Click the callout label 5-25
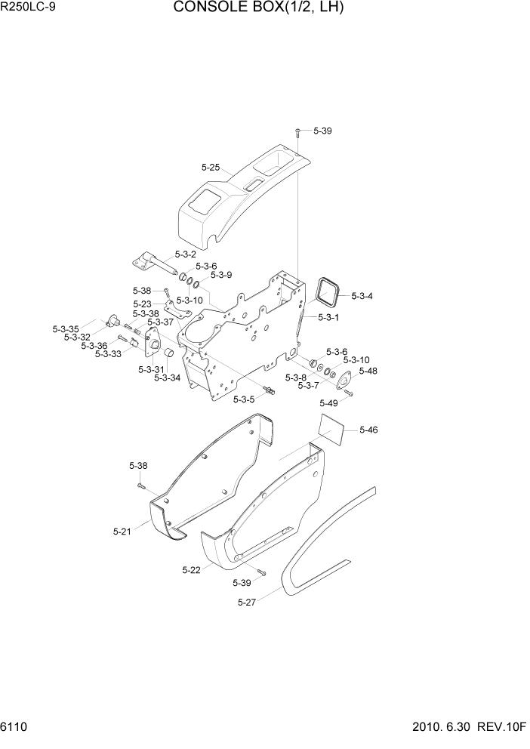coord(211,168)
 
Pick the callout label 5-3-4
coord(362,296)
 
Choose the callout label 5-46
coord(368,430)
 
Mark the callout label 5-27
coord(248,602)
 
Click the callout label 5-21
coord(123,532)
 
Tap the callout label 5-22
coord(192,570)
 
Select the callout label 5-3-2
coord(185,254)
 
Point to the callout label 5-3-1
coord(328,317)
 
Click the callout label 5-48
coord(368,371)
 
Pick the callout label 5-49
coord(329,402)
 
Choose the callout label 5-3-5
coord(245,399)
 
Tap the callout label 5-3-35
coord(66,329)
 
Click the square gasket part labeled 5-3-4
coord(328,291)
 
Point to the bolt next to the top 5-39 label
coord(298,132)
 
